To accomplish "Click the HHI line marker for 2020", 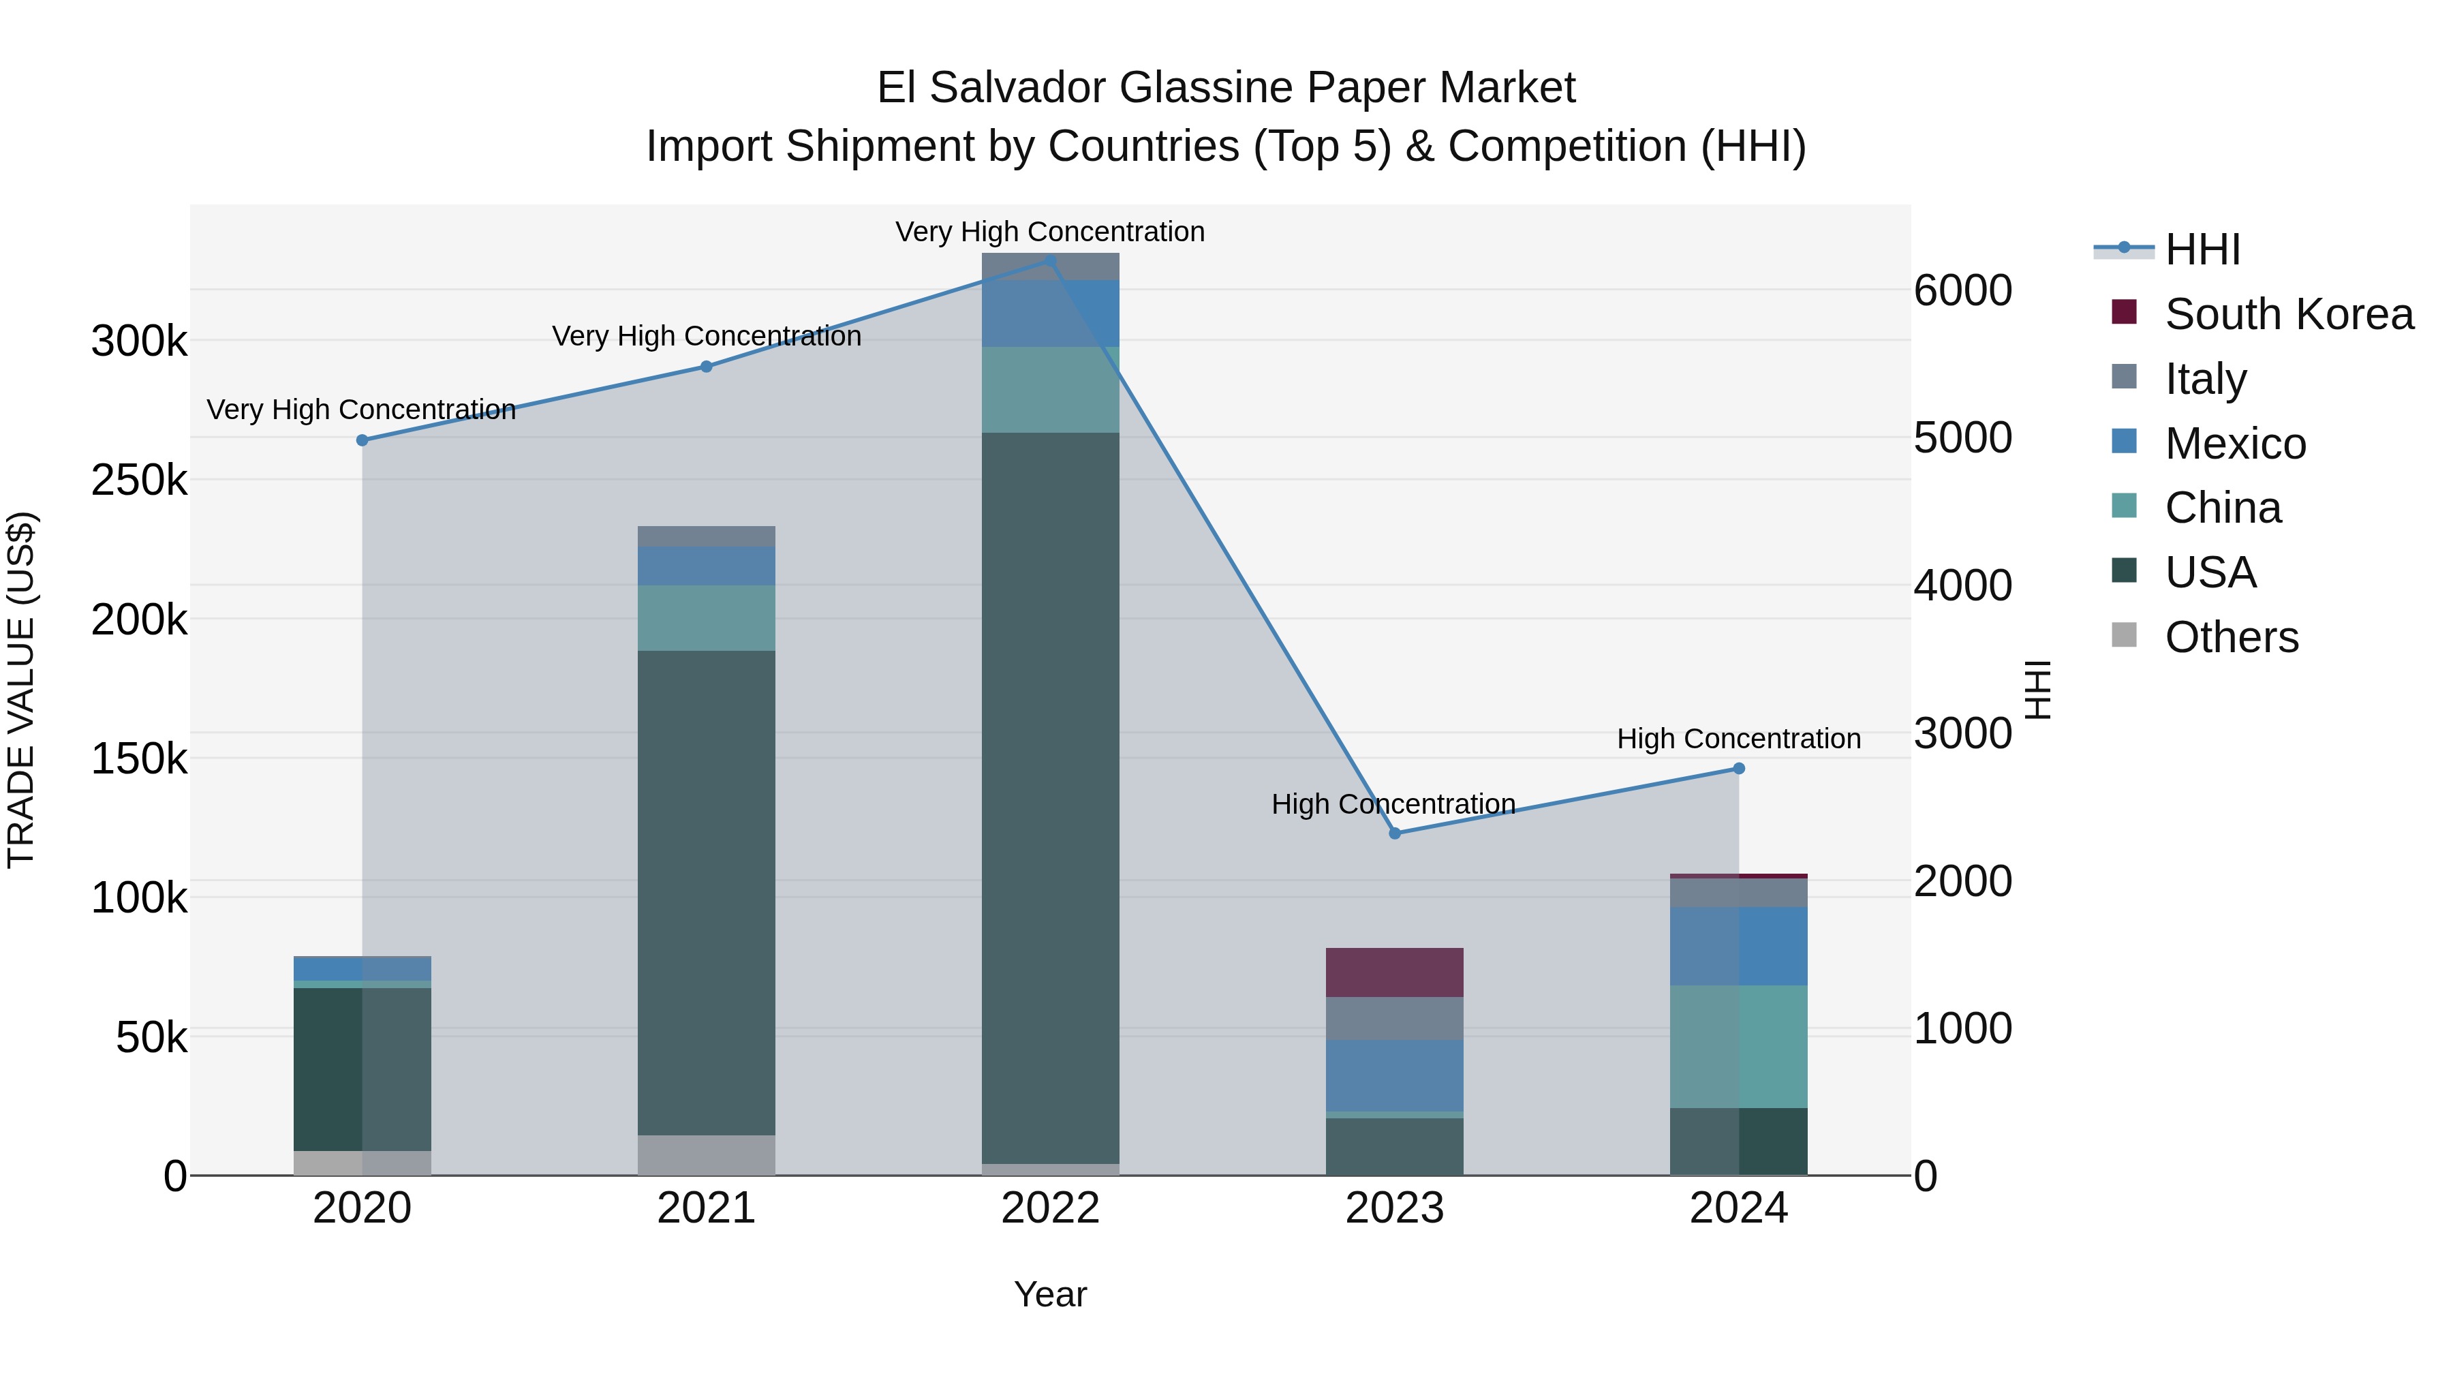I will click(362, 440).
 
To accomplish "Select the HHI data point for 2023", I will click(1395, 833).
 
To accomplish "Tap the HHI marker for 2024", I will click(1739, 769).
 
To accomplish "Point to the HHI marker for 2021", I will click(707, 367).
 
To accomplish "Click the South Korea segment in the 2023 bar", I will click(1394, 972).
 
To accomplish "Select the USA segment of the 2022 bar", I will click(1050, 798).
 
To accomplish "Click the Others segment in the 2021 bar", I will click(707, 1154).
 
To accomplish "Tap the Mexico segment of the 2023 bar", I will click(1394, 1075).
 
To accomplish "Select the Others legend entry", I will click(2231, 637).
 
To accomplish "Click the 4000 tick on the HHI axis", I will click(1964, 585).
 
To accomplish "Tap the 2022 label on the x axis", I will click(1050, 1208).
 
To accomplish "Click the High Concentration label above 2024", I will click(1739, 739).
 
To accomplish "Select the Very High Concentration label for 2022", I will click(1050, 232).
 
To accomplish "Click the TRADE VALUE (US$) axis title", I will click(22, 690).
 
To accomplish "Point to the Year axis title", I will click(1050, 1294).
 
